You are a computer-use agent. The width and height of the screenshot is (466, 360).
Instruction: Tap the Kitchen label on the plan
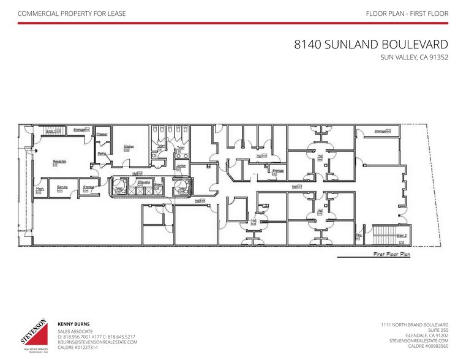[x=129, y=147]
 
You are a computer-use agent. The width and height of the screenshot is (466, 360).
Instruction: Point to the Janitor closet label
[x=181, y=166]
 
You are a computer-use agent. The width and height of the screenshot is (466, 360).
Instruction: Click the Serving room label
[x=62, y=187]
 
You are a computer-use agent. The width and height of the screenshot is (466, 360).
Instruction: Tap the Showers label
[x=145, y=182]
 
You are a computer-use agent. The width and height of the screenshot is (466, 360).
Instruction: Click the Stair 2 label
[x=401, y=234]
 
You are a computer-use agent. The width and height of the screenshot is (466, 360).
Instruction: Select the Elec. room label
[x=359, y=234]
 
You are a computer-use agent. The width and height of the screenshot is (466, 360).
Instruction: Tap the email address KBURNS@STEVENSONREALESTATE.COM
[x=97, y=342]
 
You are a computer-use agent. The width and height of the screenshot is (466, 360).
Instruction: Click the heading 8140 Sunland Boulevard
[x=370, y=45]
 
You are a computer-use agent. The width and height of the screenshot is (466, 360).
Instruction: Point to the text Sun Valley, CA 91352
[x=414, y=59]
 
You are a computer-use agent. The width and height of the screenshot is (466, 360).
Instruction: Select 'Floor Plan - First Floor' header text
[x=407, y=13]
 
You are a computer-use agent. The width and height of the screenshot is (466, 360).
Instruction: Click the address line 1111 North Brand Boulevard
[x=413, y=324]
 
